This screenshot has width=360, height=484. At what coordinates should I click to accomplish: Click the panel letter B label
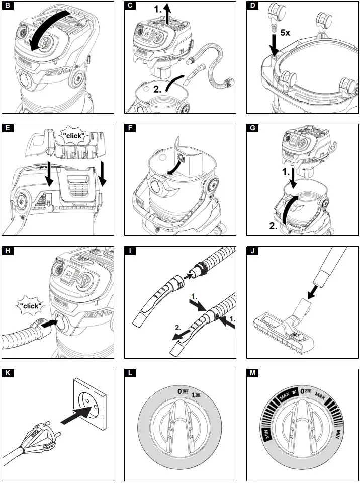tap(7, 7)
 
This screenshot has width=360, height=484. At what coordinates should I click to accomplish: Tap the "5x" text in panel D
tap(285, 33)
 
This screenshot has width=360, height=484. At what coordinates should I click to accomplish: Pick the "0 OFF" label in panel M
tap(306, 390)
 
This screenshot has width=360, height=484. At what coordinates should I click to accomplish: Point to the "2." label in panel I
tap(176, 327)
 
